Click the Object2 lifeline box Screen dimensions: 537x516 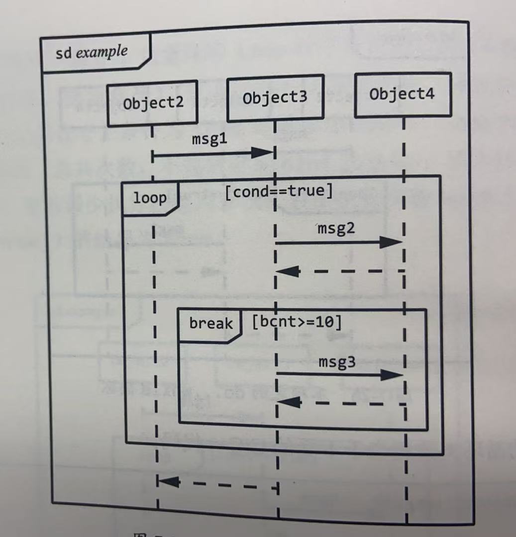pyautogui.click(x=152, y=103)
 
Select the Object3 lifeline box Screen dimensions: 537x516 pyautogui.click(x=275, y=98)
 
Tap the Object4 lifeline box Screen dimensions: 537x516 pyautogui.click(x=403, y=94)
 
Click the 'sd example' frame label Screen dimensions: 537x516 pyautogui.click(x=92, y=52)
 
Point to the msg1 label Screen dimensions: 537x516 pyautogui.click(x=209, y=140)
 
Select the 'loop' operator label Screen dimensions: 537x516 pyautogui.click(x=150, y=198)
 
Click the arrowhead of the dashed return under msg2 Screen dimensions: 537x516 pyautogui.click(x=288, y=271)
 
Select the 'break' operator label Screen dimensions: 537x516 pyautogui.click(x=210, y=324)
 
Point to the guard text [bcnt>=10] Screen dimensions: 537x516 pyautogui.click(x=297, y=322)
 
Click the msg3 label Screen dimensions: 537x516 pyautogui.click(x=337, y=362)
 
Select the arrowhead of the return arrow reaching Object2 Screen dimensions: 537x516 pyautogui.click(x=168, y=481)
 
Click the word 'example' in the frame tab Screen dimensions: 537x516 pyautogui.click(x=102, y=52)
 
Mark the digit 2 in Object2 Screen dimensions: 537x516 pyautogui.click(x=179, y=103)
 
